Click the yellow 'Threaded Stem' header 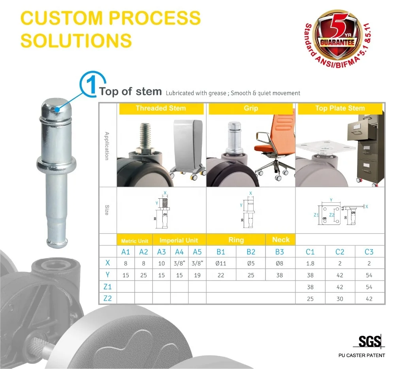point(161,108)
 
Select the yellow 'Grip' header point(251,108)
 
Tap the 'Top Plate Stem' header point(340,108)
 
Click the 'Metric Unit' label point(134,241)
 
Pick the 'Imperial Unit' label point(179,240)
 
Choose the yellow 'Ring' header point(236,240)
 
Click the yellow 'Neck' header point(281,239)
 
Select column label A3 point(162,252)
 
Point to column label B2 point(251,252)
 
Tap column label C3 point(369,252)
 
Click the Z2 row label point(107,298)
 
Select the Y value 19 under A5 point(197,275)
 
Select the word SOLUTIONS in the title point(76,40)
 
